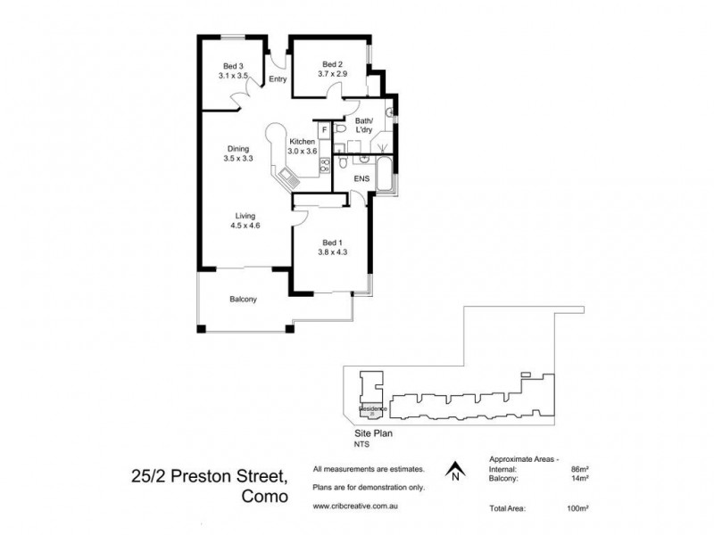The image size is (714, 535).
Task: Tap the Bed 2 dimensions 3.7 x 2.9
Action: pyautogui.click(x=331, y=75)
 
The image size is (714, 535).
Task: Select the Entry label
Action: pyautogui.click(x=278, y=79)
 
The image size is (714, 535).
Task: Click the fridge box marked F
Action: pyautogui.click(x=324, y=131)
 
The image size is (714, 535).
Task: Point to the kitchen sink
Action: pyautogui.click(x=289, y=177)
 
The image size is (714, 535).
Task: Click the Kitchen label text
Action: pyautogui.click(x=303, y=141)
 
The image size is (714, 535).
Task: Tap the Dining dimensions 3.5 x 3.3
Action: pyautogui.click(x=237, y=159)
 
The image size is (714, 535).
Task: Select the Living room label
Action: pyautogui.click(x=245, y=216)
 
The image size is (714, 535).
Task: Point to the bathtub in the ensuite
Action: pyautogui.click(x=384, y=176)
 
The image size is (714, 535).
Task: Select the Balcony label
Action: pyautogui.click(x=243, y=300)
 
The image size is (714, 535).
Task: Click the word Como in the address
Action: pyautogui.click(x=265, y=497)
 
